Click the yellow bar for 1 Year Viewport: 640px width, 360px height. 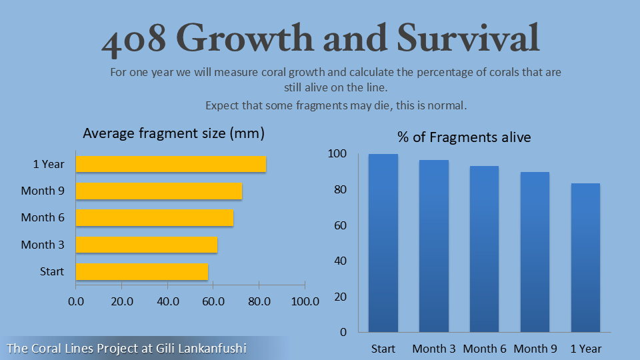[x=171, y=164]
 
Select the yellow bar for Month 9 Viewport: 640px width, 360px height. [x=159, y=191]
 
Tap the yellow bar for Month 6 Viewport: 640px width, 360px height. [x=155, y=217]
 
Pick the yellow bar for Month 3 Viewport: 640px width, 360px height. [x=147, y=245]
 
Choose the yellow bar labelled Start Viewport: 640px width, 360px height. [x=142, y=271]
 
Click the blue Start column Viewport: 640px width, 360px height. [x=383, y=243]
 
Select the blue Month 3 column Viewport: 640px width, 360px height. [x=433, y=246]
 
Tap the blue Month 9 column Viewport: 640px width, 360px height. [x=535, y=252]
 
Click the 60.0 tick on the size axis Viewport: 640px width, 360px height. [x=213, y=301]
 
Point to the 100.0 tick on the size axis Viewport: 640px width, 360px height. [x=305, y=301]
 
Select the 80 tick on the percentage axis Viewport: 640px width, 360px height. [x=340, y=190]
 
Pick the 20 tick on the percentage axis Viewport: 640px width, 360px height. [x=340, y=297]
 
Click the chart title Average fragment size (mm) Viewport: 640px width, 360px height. [x=173, y=133]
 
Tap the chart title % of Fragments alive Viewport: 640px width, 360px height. [x=464, y=137]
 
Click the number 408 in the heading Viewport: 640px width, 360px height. [x=133, y=40]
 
